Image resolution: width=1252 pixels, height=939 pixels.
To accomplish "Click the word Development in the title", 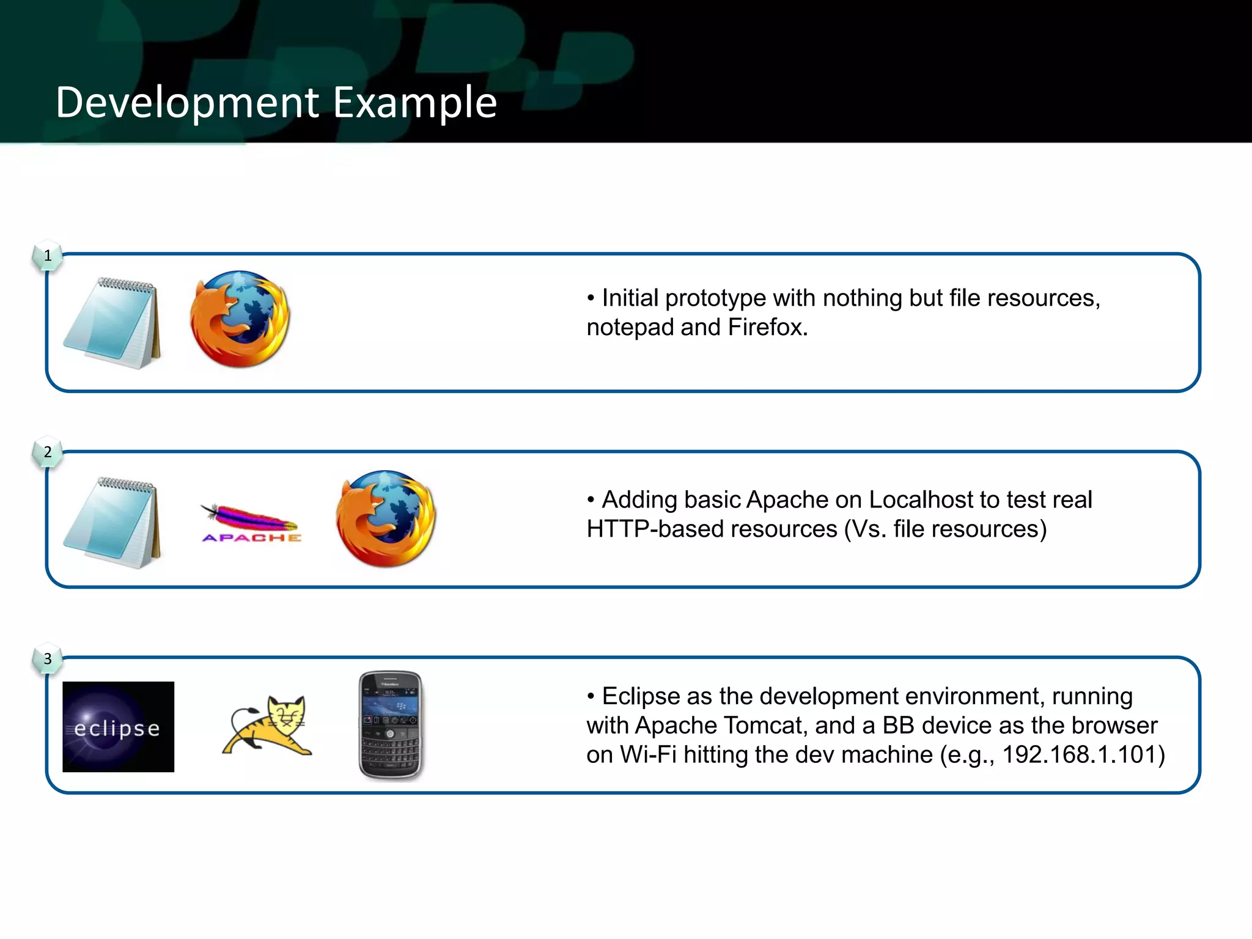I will click(187, 103).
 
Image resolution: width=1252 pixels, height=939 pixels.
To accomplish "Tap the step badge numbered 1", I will click(48, 256).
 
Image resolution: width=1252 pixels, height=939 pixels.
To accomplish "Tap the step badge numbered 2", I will click(48, 452).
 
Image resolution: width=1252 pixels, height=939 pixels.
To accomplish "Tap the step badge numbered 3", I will click(48, 659).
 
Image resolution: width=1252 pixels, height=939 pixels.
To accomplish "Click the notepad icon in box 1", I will click(112, 323).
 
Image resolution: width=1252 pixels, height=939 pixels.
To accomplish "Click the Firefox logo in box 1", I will click(240, 319).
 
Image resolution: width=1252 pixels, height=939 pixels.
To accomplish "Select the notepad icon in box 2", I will click(112, 523).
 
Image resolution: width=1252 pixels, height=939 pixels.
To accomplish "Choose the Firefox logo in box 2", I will click(386, 518).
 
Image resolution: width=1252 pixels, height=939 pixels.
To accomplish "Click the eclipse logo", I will click(118, 727).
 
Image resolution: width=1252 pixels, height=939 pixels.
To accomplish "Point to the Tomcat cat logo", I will click(268, 726).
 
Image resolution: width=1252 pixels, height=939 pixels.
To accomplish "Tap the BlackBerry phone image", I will click(391, 726).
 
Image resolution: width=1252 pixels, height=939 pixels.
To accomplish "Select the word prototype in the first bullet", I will click(715, 299).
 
